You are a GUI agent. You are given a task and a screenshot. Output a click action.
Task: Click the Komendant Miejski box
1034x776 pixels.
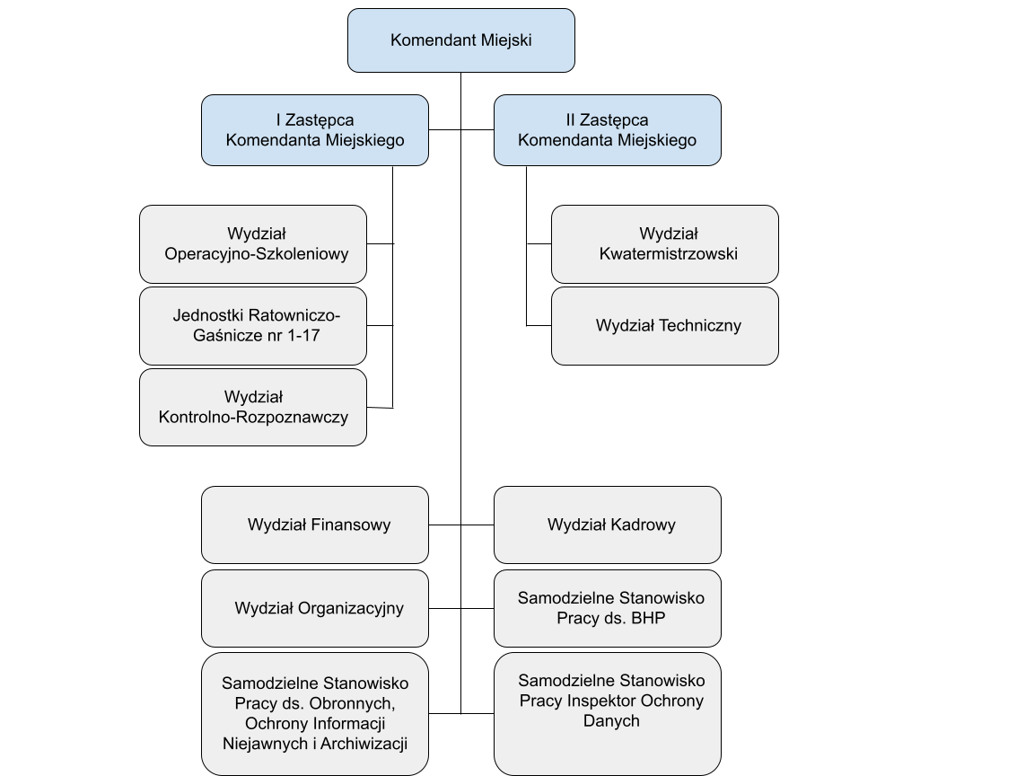coord(460,40)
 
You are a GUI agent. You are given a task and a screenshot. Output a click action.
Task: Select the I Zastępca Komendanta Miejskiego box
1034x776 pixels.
coord(314,130)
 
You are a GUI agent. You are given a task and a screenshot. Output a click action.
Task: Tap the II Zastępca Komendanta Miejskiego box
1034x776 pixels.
coord(607,130)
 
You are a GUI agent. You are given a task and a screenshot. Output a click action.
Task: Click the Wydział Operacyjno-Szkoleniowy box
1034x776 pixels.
coord(253,244)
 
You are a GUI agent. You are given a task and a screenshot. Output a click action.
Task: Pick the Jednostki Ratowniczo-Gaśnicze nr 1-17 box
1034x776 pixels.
coord(253,326)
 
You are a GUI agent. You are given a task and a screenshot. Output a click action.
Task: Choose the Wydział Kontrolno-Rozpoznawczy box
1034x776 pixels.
coord(253,407)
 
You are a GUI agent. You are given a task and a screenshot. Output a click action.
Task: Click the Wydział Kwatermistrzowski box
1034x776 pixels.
coord(664,244)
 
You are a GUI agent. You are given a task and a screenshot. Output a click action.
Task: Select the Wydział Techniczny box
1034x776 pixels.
coord(664,326)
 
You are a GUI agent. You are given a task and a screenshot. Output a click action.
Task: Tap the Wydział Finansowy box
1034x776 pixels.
coord(314,525)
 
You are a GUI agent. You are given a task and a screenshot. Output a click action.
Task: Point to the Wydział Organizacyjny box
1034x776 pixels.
coord(314,608)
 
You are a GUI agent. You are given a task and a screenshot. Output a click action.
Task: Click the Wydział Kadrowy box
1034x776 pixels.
coord(607,525)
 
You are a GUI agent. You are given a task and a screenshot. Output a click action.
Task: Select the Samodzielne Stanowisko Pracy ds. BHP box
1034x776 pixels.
coord(607,608)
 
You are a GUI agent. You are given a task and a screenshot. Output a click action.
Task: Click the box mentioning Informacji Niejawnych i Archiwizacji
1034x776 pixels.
coord(314,714)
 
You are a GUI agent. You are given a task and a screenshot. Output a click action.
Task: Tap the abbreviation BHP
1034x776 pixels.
coord(647,619)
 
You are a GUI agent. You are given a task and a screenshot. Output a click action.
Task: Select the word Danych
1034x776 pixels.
coord(611,721)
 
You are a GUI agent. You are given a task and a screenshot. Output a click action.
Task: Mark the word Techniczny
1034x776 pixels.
coord(700,326)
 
